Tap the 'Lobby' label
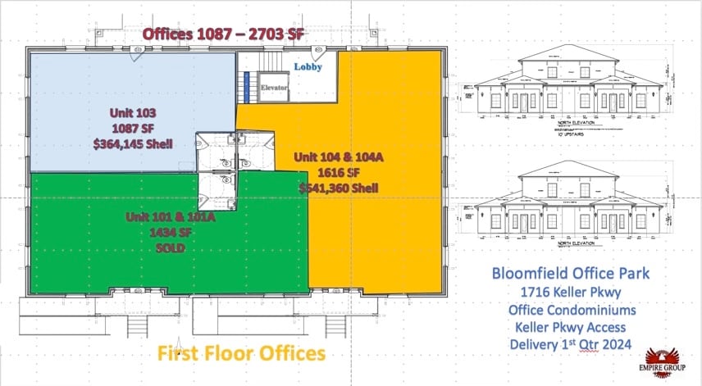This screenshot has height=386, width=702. tap(308, 66)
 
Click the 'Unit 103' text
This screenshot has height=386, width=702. tap(133, 113)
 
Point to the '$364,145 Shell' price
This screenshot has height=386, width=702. tap(133, 144)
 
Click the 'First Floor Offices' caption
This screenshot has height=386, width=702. tap(242, 353)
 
